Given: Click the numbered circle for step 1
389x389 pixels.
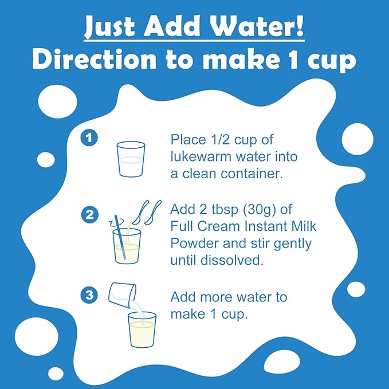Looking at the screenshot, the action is [89, 137].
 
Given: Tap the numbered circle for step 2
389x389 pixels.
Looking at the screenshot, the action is [89, 215].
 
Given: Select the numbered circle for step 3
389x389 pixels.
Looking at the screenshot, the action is [89, 295].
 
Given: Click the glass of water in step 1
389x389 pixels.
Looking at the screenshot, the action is [131, 159].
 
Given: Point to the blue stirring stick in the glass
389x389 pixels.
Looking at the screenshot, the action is [120, 237].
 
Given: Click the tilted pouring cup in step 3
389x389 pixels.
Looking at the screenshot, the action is [122, 295].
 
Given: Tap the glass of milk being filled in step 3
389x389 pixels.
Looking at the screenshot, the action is [142, 329].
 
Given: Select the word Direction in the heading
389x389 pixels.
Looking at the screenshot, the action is [95, 60].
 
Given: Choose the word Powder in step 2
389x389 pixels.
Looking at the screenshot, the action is [195, 243].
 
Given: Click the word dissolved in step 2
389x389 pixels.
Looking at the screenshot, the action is [231, 260].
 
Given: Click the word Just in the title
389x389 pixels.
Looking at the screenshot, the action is [110, 27].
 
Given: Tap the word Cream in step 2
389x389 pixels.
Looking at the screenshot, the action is [219, 226].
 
